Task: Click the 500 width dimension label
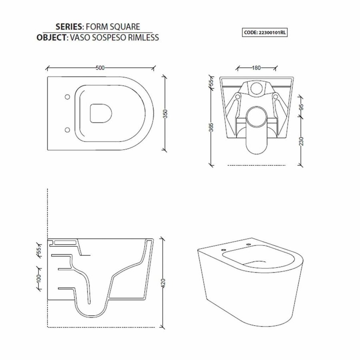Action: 100,68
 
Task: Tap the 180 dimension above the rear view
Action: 257,68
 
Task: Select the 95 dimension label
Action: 302,107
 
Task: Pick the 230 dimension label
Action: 302,141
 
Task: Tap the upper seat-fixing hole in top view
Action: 67,96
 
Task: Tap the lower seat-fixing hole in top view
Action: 67,130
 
